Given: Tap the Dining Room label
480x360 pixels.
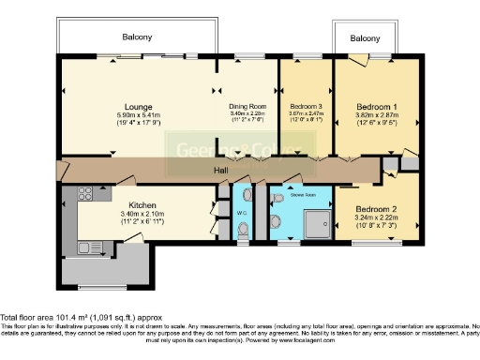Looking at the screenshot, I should [247, 107].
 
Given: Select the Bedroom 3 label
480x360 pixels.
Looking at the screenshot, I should [306, 107].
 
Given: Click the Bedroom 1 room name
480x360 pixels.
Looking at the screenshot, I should [367, 107].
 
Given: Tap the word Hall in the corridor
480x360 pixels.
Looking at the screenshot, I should [220, 170].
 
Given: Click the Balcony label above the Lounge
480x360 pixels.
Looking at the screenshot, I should [138, 37].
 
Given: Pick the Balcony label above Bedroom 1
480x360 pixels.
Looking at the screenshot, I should [366, 38].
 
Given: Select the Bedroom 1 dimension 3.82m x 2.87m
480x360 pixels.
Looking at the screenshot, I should [367, 115].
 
